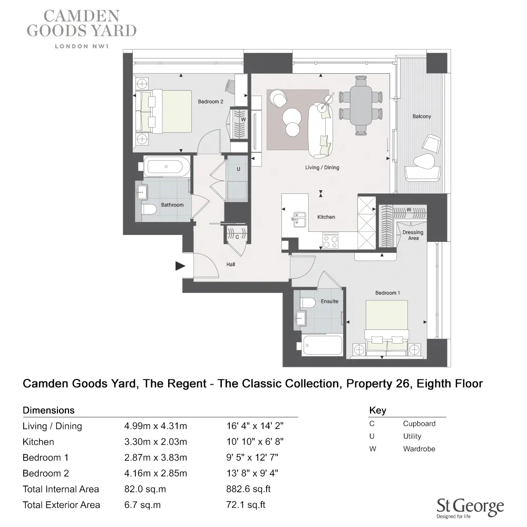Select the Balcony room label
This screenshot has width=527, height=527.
(x=422, y=116)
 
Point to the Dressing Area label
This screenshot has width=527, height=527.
(x=413, y=235)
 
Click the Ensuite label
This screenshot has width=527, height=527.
(x=329, y=301)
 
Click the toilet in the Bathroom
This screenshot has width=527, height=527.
(x=149, y=210)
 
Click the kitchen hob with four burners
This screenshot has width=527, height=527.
(x=330, y=241)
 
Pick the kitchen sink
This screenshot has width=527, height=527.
(x=299, y=218)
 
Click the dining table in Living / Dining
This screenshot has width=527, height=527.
(x=361, y=104)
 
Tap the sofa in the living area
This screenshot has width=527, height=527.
(x=320, y=130)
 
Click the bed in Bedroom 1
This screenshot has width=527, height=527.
(x=387, y=327)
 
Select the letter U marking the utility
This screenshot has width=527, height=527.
(x=238, y=170)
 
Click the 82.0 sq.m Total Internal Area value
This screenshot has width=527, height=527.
(x=145, y=489)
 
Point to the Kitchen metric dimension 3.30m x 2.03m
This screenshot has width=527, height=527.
(x=155, y=442)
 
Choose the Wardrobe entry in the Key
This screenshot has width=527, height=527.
(x=419, y=449)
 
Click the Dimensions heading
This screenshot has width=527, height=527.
(x=48, y=410)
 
